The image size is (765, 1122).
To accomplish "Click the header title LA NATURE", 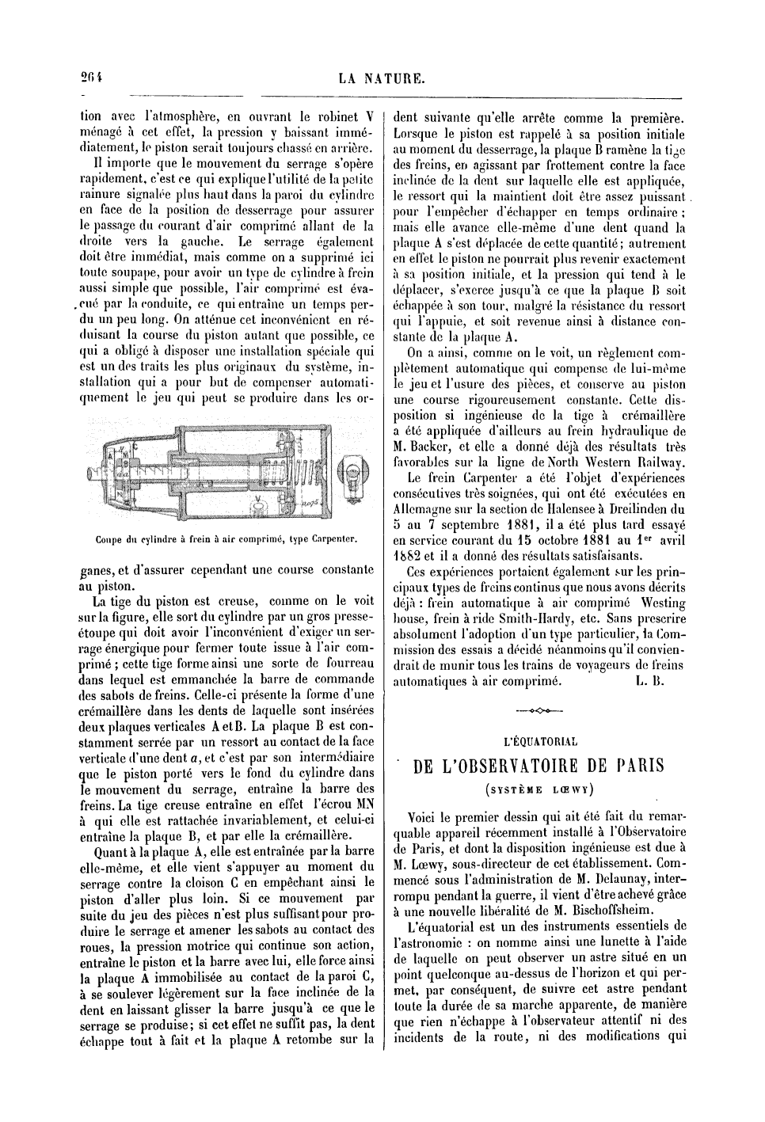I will click(x=382, y=78).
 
